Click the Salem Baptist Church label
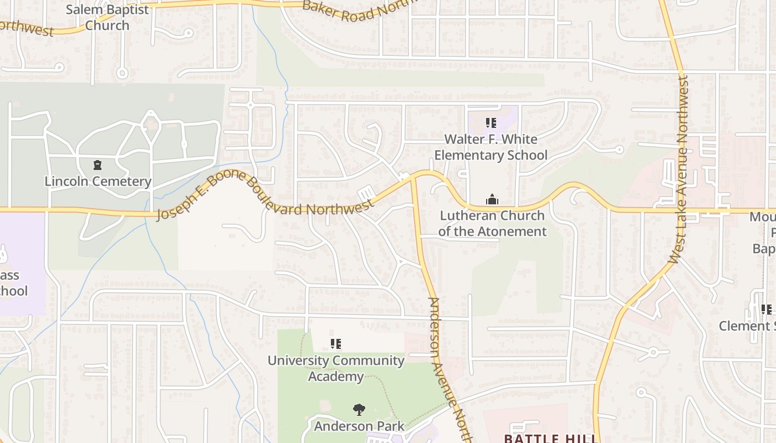coord(108,18)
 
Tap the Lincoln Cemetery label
coord(98,181)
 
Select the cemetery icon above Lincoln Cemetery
coord(98,165)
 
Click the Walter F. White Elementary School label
coord(491,147)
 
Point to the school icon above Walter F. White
coord(491,122)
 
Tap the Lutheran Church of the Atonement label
coord(492,223)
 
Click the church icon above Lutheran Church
coord(492,199)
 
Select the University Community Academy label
coord(336,368)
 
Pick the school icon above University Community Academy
coord(335,344)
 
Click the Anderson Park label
coord(359,426)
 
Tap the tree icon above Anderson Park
coord(359,410)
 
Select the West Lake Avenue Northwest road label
coord(679,169)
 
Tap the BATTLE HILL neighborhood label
coord(551,438)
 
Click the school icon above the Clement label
coord(766,309)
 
